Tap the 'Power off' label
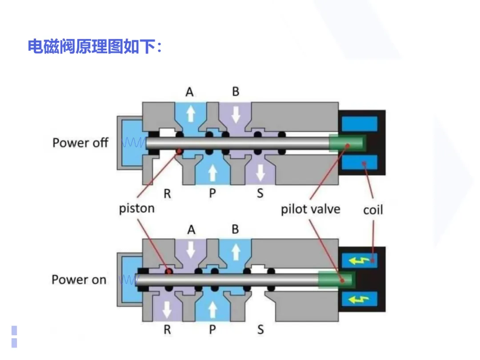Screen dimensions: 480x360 80,143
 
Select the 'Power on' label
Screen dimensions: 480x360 79,280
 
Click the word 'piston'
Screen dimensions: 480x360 137,208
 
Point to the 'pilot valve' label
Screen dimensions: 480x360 310,209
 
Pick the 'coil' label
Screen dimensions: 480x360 373,210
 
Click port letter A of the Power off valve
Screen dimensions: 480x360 189,92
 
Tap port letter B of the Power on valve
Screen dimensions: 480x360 235,229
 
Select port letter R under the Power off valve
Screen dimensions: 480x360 167,193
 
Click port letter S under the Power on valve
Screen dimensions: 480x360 260,330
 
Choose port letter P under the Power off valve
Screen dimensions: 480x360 212,193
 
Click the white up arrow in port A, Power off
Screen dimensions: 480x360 191,114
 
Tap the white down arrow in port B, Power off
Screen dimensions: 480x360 236,115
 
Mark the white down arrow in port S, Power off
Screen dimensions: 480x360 260,173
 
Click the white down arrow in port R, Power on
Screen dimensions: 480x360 167,310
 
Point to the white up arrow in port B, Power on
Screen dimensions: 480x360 236,252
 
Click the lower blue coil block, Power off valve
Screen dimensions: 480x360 360,162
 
